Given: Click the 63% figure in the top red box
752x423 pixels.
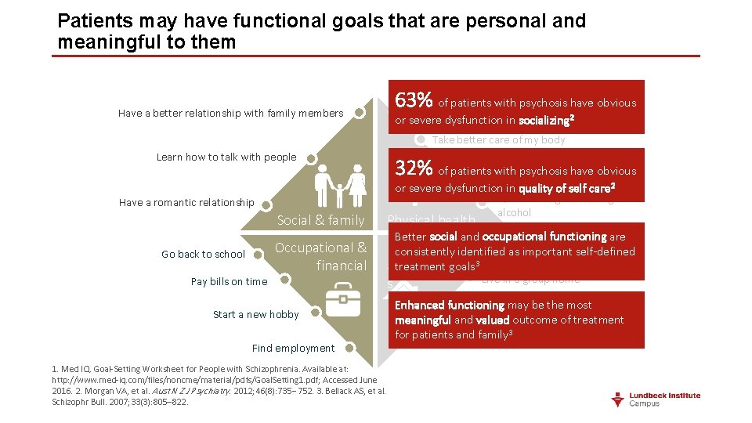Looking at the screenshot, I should tap(414, 101).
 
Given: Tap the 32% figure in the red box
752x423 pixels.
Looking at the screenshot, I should tap(414, 169).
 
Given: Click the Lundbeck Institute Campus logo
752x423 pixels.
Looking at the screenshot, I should tap(656, 399).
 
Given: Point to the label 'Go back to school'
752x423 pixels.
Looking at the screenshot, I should tap(203, 254).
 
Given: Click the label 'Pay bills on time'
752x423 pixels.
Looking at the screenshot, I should tap(229, 281).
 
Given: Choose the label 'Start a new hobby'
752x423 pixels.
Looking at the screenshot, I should tap(255, 314).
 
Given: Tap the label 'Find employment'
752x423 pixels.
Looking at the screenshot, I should tap(293, 348).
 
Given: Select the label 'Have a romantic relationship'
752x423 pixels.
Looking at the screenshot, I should tap(186, 202).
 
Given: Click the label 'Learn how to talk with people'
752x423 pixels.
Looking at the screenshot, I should tap(226, 157).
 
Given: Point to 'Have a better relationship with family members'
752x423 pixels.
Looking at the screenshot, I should tap(230, 113).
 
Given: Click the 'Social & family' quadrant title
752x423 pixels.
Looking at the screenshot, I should tap(321, 220).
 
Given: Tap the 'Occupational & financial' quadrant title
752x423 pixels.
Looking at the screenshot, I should tap(321, 257).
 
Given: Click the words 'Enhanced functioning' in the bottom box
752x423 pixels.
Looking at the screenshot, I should tap(450, 305).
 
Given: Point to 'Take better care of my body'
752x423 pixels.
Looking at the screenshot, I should tap(498, 140).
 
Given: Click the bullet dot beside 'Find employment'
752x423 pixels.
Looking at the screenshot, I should tap(350, 348).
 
